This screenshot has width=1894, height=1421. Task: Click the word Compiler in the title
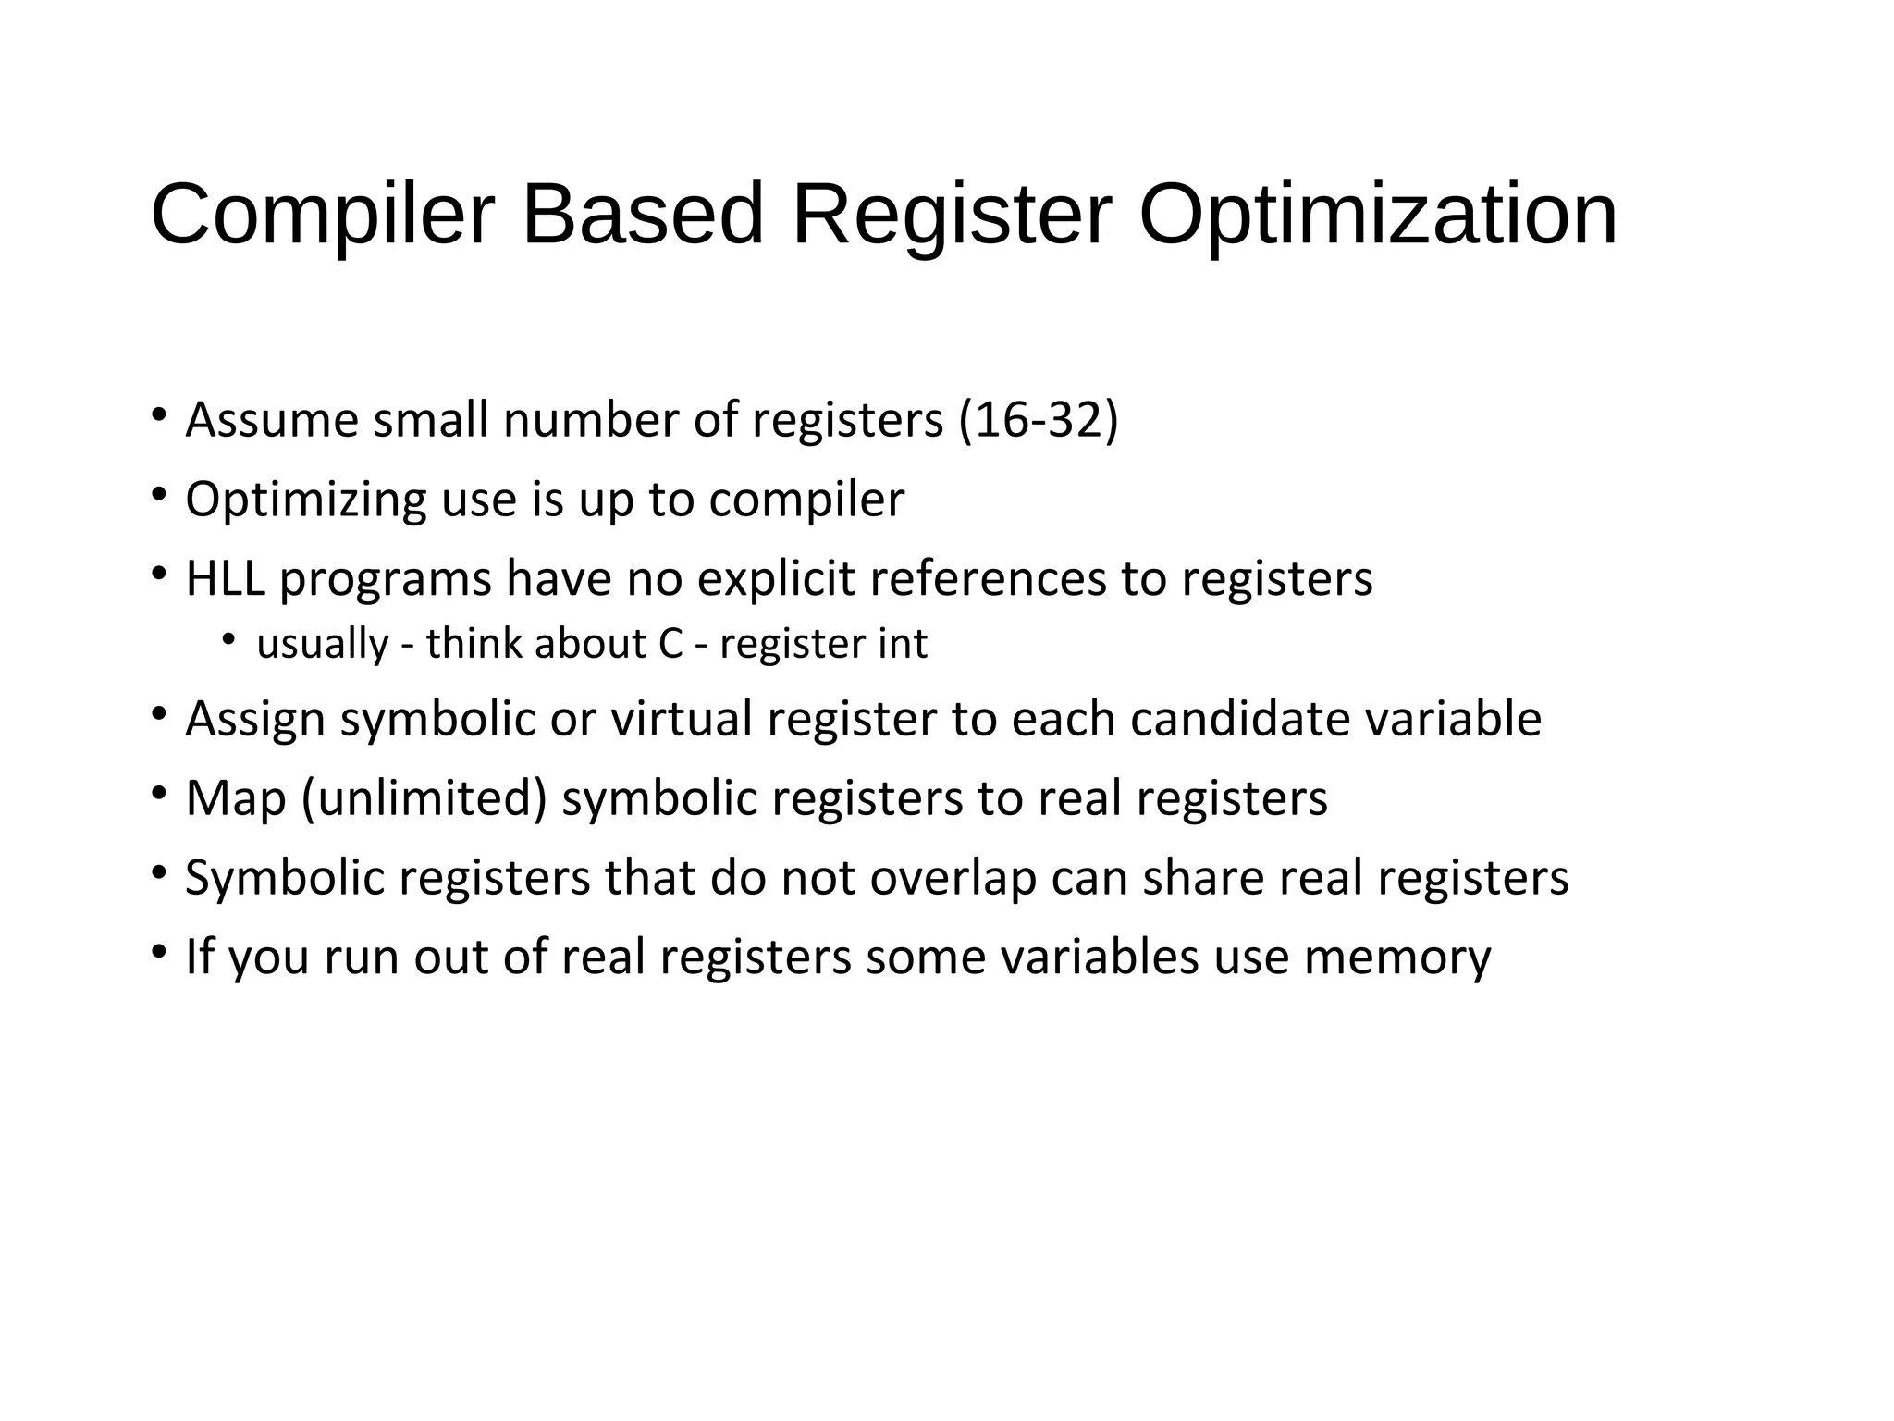coord(323,215)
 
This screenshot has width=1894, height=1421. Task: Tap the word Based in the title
coord(643,215)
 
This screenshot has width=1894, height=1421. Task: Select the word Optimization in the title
coord(1378,215)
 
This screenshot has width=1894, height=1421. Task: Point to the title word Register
coord(952,215)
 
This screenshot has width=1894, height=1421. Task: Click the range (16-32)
coord(1039,420)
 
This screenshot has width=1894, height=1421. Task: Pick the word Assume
coord(272,420)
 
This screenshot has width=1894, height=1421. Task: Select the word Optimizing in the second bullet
coord(306,500)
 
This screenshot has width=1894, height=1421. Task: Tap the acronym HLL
coord(225,579)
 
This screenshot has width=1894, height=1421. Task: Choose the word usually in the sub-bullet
coord(323,644)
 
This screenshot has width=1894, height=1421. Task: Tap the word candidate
coord(1240,719)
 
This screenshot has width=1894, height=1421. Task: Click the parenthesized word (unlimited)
coord(424,798)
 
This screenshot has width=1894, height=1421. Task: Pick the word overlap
coord(953,878)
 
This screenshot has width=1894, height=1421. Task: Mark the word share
coord(1202,878)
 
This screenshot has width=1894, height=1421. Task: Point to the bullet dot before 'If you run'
coord(160,951)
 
